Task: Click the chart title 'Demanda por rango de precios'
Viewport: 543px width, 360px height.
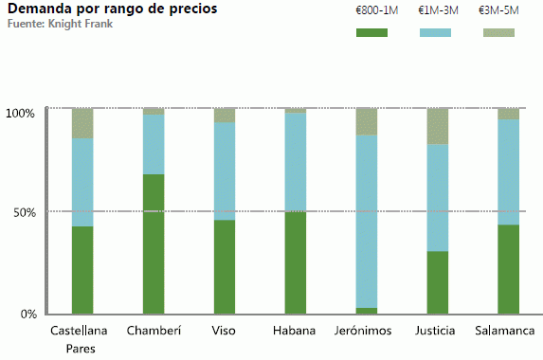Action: pos(112,9)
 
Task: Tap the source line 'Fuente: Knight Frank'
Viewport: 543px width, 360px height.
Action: pos(59,23)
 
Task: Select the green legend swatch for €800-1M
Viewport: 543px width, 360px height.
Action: pos(371,33)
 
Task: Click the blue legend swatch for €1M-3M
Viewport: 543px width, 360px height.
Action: pos(435,33)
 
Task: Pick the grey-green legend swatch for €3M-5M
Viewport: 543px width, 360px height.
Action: pos(498,33)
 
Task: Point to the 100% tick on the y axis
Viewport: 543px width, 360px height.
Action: pos(20,113)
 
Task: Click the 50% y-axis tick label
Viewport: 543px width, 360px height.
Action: pos(24,212)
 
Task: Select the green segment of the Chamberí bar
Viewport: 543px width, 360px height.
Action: pos(154,243)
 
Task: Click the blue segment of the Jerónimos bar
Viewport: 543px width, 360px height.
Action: pos(367,221)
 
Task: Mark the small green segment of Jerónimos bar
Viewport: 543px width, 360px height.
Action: pos(367,310)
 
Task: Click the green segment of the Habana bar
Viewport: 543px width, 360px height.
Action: pos(296,262)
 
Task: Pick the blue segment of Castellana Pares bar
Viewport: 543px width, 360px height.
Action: pos(82,182)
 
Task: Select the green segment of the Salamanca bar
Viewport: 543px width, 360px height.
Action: pos(509,268)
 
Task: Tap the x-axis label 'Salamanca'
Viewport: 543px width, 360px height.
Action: pos(508,331)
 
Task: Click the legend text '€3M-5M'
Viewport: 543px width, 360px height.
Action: pos(498,10)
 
